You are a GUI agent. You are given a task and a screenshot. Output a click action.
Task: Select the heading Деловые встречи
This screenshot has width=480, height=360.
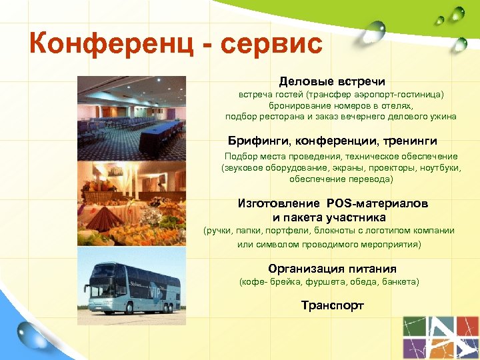coord(332,81)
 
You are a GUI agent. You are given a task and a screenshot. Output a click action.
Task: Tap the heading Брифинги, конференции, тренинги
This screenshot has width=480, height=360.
coord(333,141)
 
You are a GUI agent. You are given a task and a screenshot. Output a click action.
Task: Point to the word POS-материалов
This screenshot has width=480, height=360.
coord(377,203)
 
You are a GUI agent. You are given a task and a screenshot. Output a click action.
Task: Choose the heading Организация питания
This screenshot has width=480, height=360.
coord(332,269)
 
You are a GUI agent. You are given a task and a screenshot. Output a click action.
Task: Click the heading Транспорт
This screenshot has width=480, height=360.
coord(332,305)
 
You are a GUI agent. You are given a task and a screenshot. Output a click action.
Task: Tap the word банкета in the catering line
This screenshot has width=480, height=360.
coord(400,283)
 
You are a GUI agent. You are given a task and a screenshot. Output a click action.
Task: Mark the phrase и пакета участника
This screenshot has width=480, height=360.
coord(329,217)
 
